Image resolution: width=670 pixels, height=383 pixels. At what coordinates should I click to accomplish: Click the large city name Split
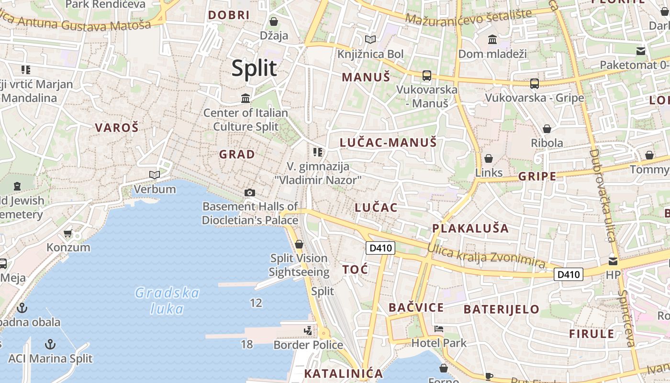point(254,68)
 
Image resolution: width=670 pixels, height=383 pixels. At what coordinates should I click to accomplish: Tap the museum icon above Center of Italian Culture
point(246,98)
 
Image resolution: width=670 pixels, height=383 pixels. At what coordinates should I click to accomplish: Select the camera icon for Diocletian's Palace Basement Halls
point(249,192)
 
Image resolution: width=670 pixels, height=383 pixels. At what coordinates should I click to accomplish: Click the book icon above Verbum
point(154,175)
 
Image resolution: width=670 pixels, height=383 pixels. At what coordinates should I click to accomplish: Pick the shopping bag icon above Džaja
point(274,22)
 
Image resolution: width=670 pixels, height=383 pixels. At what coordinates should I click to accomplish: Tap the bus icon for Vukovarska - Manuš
point(426,75)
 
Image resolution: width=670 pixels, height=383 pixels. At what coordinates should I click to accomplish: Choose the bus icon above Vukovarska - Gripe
point(535,84)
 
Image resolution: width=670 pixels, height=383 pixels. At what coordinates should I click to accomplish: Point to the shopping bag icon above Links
point(489,158)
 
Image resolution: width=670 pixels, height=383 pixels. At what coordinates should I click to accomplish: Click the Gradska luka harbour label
point(167,300)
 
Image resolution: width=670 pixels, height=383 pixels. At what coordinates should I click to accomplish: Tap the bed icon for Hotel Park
point(438,329)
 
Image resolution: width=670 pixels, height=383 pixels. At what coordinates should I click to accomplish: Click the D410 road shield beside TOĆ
point(380,248)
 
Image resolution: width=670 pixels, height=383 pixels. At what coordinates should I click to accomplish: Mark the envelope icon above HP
point(613,261)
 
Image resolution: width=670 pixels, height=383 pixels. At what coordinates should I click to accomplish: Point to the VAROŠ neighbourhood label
point(116,127)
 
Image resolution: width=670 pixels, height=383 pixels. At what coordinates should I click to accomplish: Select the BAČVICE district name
point(416,307)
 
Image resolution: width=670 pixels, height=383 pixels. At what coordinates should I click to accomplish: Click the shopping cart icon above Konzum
point(67,234)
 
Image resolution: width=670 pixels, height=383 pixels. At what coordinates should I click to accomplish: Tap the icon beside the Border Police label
point(308,330)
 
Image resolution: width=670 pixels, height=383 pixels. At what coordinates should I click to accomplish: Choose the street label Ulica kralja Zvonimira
point(486,255)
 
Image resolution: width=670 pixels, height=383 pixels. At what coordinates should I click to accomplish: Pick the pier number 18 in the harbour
point(246,344)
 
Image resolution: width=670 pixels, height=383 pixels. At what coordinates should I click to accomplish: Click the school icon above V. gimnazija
point(317,152)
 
